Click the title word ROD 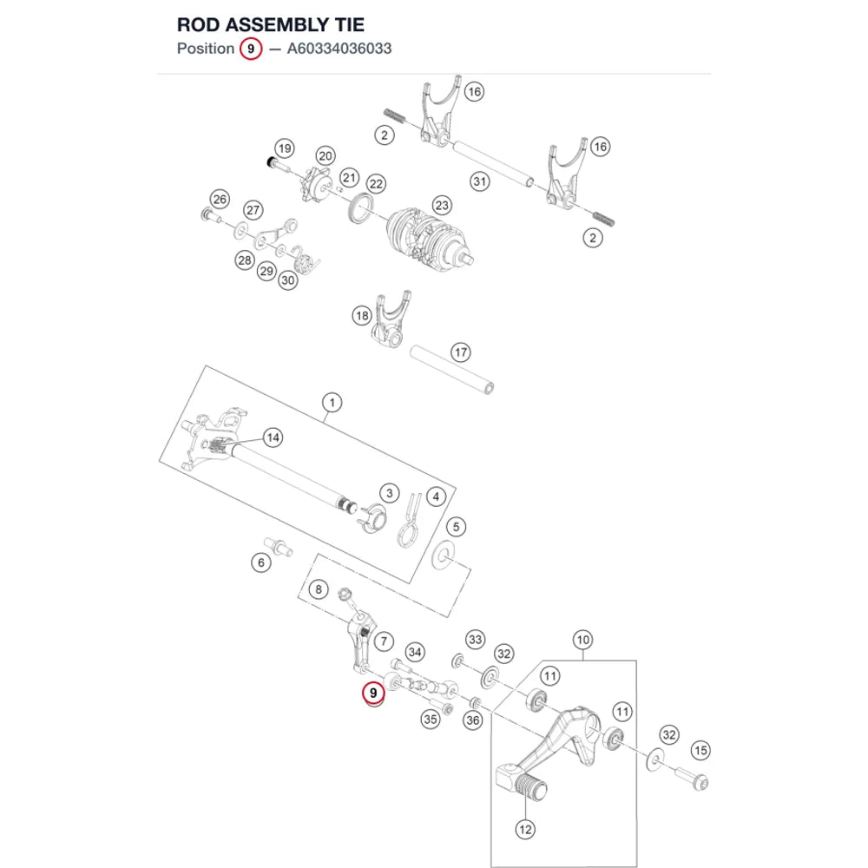[x=199, y=25]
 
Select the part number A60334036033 [x=339, y=49]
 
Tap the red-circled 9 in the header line [x=251, y=49]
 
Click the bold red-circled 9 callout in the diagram [x=373, y=693]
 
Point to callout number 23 [x=442, y=206]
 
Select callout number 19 [x=285, y=148]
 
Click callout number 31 [x=480, y=181]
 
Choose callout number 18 [x=362, y=316]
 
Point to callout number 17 [x=461, y=352]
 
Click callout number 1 [x=332, y=403]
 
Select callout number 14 [x=273, y=437]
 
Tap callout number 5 [x=457, y=527]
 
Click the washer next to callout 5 [x=443, y=556]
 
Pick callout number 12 [x=525, y=829]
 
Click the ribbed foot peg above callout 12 [x=530, y=789]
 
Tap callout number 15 [x=700, y=751]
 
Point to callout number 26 [x=220, y=200]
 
